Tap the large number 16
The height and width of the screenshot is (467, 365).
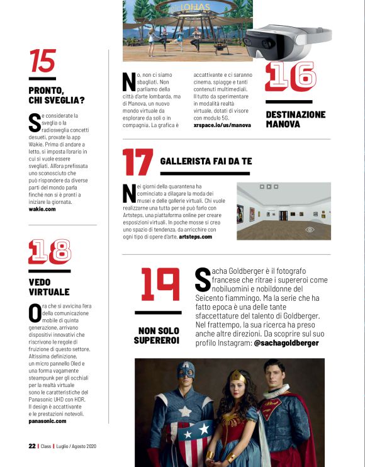click(x=289, y=77)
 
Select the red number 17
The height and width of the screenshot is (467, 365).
click(x=137, y=162)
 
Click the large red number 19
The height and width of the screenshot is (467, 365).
click(x=159, y=285)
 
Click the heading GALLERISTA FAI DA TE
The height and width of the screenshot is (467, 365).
click(x=206, y=161)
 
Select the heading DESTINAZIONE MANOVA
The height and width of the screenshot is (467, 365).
click(x=295, y=119)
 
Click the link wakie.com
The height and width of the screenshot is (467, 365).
click(x=43, y=208)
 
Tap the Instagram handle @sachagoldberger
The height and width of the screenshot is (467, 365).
click(x=286, y=343)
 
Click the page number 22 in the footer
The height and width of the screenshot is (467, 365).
click(x=31, y=446)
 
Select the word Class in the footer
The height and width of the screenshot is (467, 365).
click(x=46, y=446)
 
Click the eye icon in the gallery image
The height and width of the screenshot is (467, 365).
click(x=309, y=230)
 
